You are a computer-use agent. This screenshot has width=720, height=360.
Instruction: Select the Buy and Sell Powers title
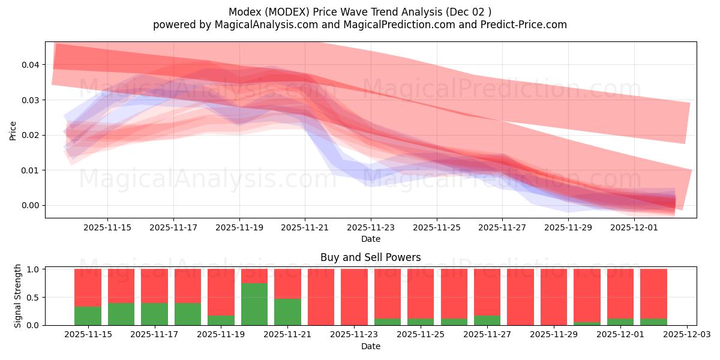[370, 257]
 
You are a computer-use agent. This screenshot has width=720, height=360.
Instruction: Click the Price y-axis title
[13, 130]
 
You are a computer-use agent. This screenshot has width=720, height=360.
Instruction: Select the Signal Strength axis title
[18, 296]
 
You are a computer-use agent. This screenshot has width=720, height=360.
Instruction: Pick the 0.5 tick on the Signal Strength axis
[34, 298]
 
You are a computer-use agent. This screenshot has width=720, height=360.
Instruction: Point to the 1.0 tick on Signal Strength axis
[34, 269]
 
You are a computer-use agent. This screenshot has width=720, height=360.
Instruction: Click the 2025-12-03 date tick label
[686, 334]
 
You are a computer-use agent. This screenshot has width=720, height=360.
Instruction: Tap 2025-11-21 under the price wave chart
[305, 227]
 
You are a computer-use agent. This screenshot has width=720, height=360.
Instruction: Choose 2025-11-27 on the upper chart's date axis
[502, 227]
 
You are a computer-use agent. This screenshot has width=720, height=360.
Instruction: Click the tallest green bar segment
[254, 304]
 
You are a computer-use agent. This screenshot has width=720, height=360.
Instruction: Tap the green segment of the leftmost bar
[88, 316]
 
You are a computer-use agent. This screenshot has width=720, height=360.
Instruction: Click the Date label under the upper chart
[370, 239]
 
